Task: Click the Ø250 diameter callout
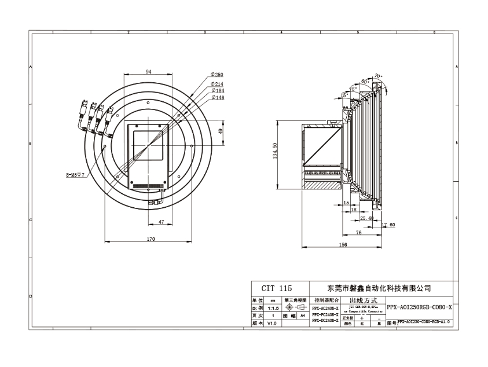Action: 217,75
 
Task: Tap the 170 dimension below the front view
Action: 151,238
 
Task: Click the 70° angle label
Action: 377,76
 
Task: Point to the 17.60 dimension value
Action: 388,225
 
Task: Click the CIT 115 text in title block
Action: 276,288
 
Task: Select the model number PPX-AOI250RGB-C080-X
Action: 419,307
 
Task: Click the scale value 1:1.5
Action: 273,308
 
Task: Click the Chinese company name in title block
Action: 379,288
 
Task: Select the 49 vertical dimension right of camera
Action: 220,131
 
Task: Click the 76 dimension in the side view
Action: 358,232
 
